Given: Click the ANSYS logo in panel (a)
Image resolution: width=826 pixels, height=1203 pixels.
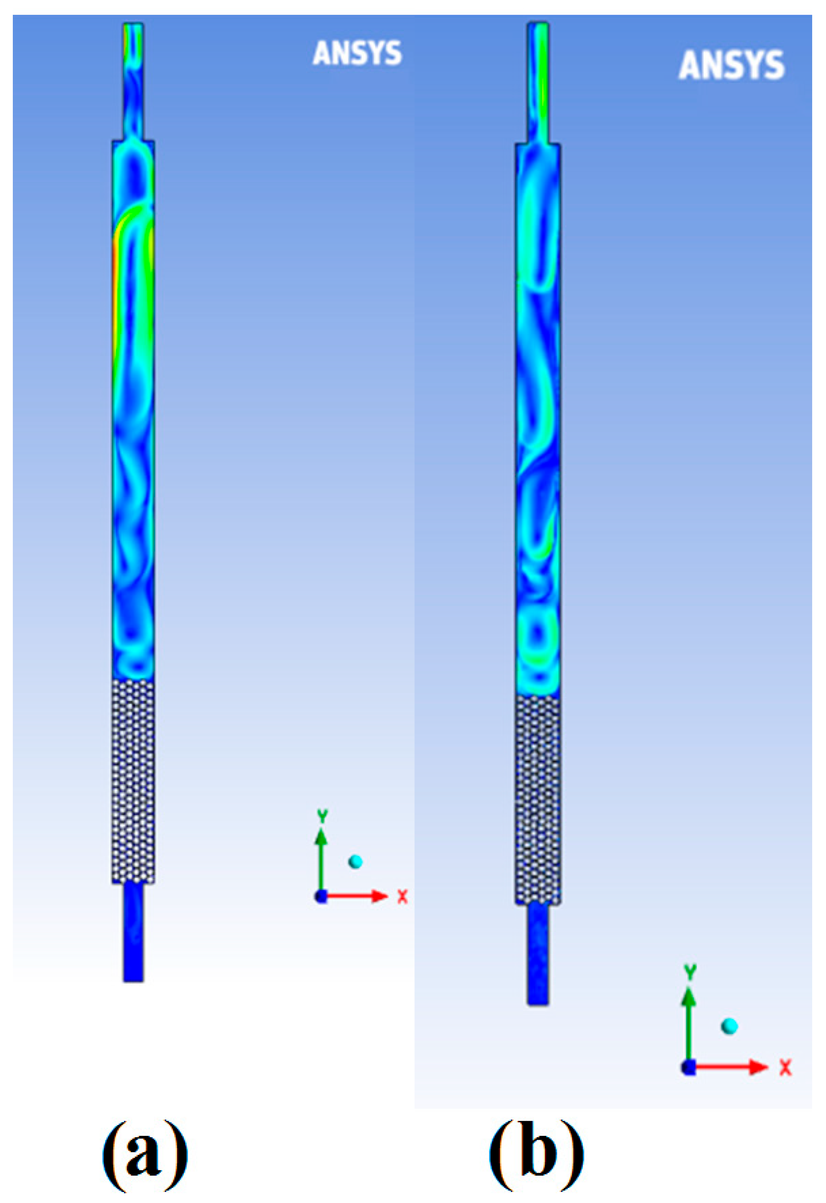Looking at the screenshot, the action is (x=358, y=54).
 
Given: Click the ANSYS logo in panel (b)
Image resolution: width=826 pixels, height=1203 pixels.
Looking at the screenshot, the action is (x=731, y=66).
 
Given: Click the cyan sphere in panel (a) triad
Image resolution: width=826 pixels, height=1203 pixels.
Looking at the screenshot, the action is (x=355, y=862).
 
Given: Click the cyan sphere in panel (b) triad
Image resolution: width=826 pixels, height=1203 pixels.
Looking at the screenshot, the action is (x=729, y=1026).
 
